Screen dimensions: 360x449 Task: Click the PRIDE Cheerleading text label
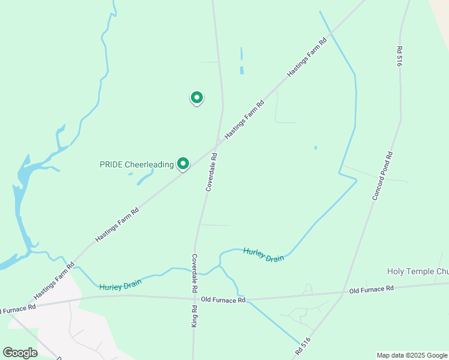click(136, 164)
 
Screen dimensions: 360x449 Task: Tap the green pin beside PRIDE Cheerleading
click(183, 163)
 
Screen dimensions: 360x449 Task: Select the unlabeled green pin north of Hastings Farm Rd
click(196, 97)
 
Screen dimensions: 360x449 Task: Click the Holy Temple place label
click(418, 272)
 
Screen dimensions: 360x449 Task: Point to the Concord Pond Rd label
click(382, 175)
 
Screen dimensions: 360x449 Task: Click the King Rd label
click(195, 316)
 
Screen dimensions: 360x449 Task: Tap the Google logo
click(20, 353)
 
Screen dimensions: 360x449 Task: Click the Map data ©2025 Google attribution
click(412, 355)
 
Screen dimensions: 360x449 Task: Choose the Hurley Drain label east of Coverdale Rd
click(264, 254)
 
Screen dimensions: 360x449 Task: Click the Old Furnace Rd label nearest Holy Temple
click(372, 289)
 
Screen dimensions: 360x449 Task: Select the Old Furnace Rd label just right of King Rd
click(223, 299)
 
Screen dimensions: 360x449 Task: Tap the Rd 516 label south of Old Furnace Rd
click(303, 345)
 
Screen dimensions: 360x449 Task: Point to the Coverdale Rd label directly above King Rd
click(195, 272)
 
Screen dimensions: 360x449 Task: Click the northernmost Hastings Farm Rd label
click(306, 58)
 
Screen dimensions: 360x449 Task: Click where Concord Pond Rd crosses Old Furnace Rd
click(343, 293)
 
